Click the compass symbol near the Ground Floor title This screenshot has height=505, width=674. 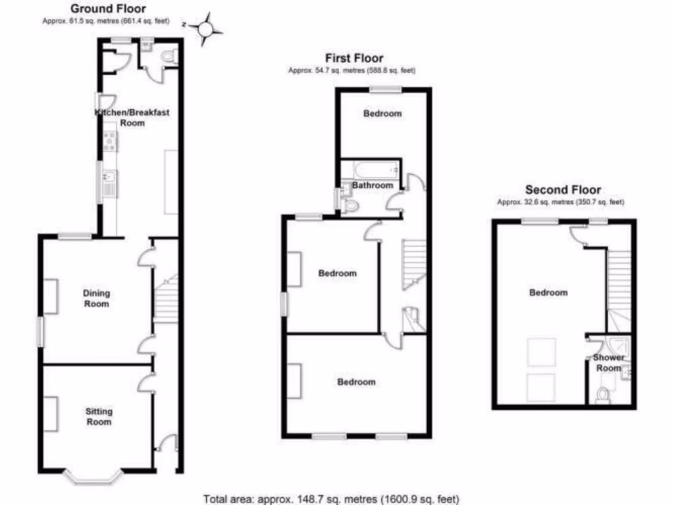(205, 28)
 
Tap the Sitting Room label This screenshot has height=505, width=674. (99, 416)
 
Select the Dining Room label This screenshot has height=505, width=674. (96, 299)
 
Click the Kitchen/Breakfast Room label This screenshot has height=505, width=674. (132, 117)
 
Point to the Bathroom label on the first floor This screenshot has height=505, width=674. (373, 185)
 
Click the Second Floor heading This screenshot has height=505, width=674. (563, 190)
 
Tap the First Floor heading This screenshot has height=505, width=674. (354, 59)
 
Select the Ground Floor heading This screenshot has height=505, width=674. (108, 9)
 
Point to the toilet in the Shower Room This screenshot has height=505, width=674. (602, 395)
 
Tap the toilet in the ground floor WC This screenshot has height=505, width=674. (170, 57)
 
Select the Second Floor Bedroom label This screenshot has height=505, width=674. (548, 293)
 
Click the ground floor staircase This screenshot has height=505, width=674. (166, 299)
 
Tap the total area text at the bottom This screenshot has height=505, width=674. (331, 498)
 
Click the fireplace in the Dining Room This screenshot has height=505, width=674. (50, 297)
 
